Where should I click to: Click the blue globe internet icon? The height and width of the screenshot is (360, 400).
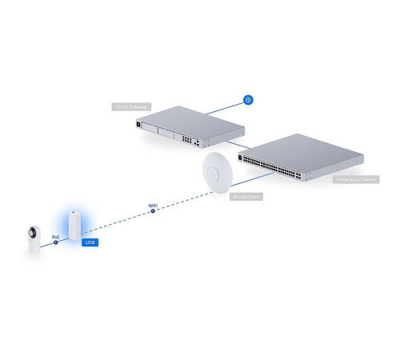pos(248,101)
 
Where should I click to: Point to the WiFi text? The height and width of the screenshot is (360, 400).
pos(154,206)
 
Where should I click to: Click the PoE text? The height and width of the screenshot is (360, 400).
pos(56,237)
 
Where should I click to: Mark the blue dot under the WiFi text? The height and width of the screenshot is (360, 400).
pos(154,212)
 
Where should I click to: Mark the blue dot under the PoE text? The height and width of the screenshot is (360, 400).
pos(56,243)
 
